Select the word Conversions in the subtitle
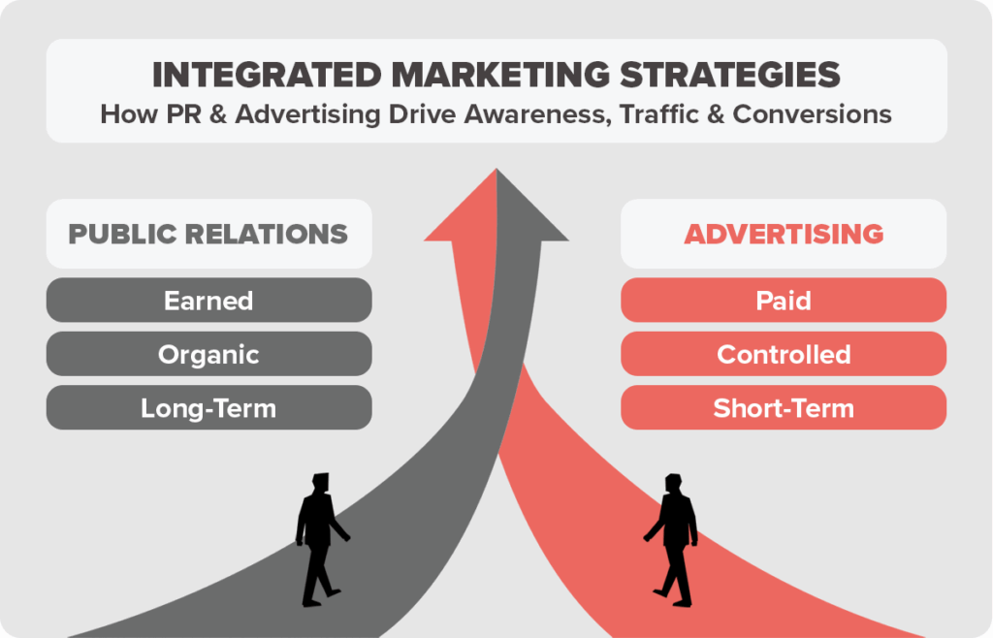tap(812, 113)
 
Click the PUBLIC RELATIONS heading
tap(208, 234)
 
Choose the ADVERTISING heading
tap(784, 234)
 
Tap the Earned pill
tap(208, 301)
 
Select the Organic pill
tap(208, 354)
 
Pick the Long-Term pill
tap(208, 408)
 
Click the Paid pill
tap(784, 301)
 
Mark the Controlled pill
tap(784, 354)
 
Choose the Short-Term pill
tap(784, 408)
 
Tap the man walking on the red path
tap(672, 539)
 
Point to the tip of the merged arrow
tap(496, 172)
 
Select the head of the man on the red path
tap(673, 483)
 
